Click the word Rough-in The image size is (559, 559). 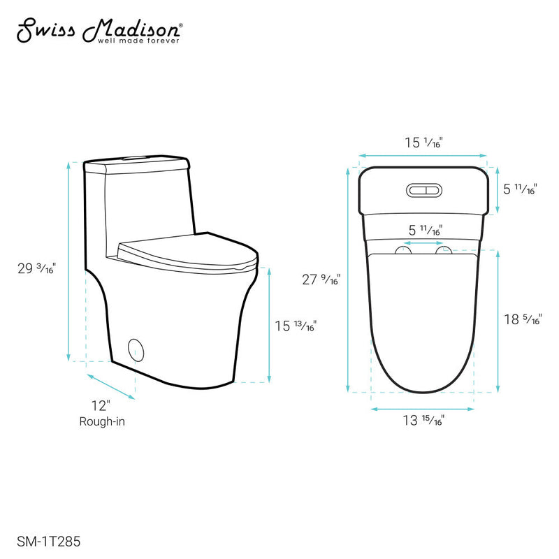pyautogui.click(x=102, y=421)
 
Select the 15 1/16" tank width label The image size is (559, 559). pyautogui.click(x=423, y=143)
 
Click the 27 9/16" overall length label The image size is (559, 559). pyautogui.click(x=320, y=279)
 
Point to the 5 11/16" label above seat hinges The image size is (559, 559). pyautogui.click(x=423, y=230)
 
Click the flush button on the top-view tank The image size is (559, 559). pyautogui.click(x=423, y=189)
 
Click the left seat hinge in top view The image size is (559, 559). pyautogui.click(x=403, y=250)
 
